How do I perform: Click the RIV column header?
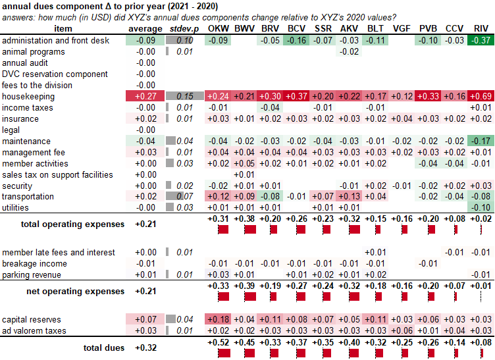tap(481, 29)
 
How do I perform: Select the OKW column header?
tap(219, 29)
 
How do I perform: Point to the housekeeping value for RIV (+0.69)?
tap(481, 96)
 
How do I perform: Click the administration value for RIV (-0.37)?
tap(481, 40)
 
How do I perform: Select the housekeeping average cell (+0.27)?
tap(145, 96)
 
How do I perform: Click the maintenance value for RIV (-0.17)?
tap(481, 141)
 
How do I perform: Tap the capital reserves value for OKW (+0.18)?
tap(219, 319)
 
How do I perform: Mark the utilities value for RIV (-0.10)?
tap(481, 208)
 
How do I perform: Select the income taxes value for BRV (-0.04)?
tap(270, 107)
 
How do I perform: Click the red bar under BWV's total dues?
tap(245, 353)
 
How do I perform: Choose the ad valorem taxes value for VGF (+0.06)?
tap(401, 330)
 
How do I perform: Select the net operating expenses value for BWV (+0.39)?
tap(245, 286)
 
